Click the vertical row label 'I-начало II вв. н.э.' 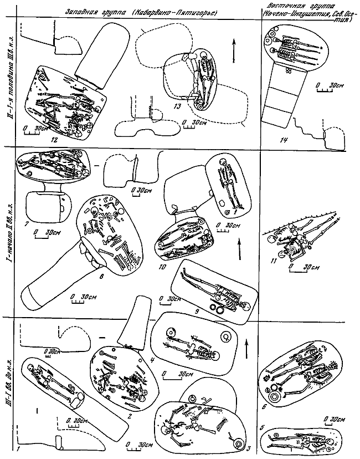[x=8, y=238]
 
